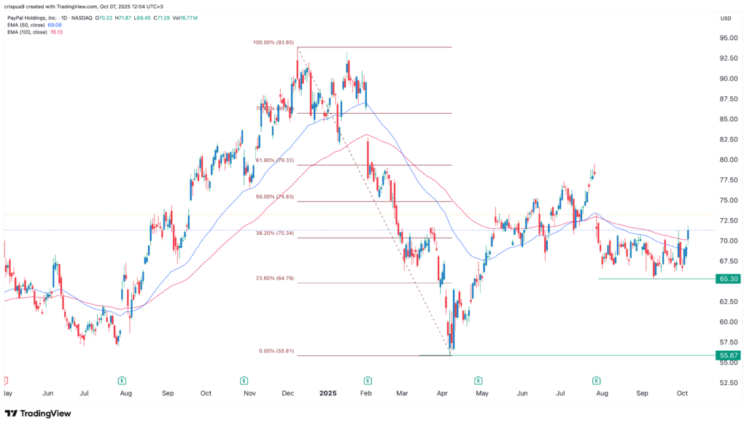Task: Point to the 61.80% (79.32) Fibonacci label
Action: tap(275, 160)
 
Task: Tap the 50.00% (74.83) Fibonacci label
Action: tap(275, 197)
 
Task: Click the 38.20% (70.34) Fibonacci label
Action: tap(275, 233)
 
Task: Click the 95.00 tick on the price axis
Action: tap(725, 38)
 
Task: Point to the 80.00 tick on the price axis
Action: tap(725, 160)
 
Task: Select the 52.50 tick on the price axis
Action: tap(725, 382)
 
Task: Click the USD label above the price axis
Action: tap(725, 18)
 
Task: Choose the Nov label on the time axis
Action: tap(249, 392)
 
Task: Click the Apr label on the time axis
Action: tap(443, 392)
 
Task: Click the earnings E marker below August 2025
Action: tap(597, 380)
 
